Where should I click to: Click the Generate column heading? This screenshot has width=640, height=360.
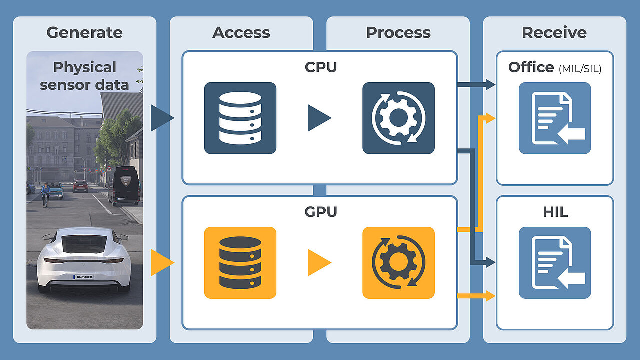85,33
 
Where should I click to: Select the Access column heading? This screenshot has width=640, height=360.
241,33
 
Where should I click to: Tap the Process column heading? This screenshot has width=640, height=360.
398,33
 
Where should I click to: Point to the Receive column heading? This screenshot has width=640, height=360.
554,33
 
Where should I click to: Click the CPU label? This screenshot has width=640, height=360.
321,67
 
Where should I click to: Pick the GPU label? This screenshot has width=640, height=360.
321,212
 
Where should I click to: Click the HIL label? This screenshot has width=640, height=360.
555,212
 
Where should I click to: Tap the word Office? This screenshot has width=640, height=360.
531,67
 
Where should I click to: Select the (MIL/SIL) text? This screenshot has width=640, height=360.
580,69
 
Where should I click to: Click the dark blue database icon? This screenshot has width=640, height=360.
240,118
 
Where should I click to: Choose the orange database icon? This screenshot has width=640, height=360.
240,263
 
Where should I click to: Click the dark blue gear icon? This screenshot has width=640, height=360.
398,118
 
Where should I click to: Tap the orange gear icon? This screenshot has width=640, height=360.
398,263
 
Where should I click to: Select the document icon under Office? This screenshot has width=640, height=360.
555,118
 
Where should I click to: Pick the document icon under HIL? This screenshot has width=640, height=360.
555,263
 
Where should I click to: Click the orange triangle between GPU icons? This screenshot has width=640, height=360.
319,263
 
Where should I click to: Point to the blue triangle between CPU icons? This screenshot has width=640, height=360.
319,118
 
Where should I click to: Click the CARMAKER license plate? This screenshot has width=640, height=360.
83,277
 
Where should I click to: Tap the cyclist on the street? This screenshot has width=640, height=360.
45,195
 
